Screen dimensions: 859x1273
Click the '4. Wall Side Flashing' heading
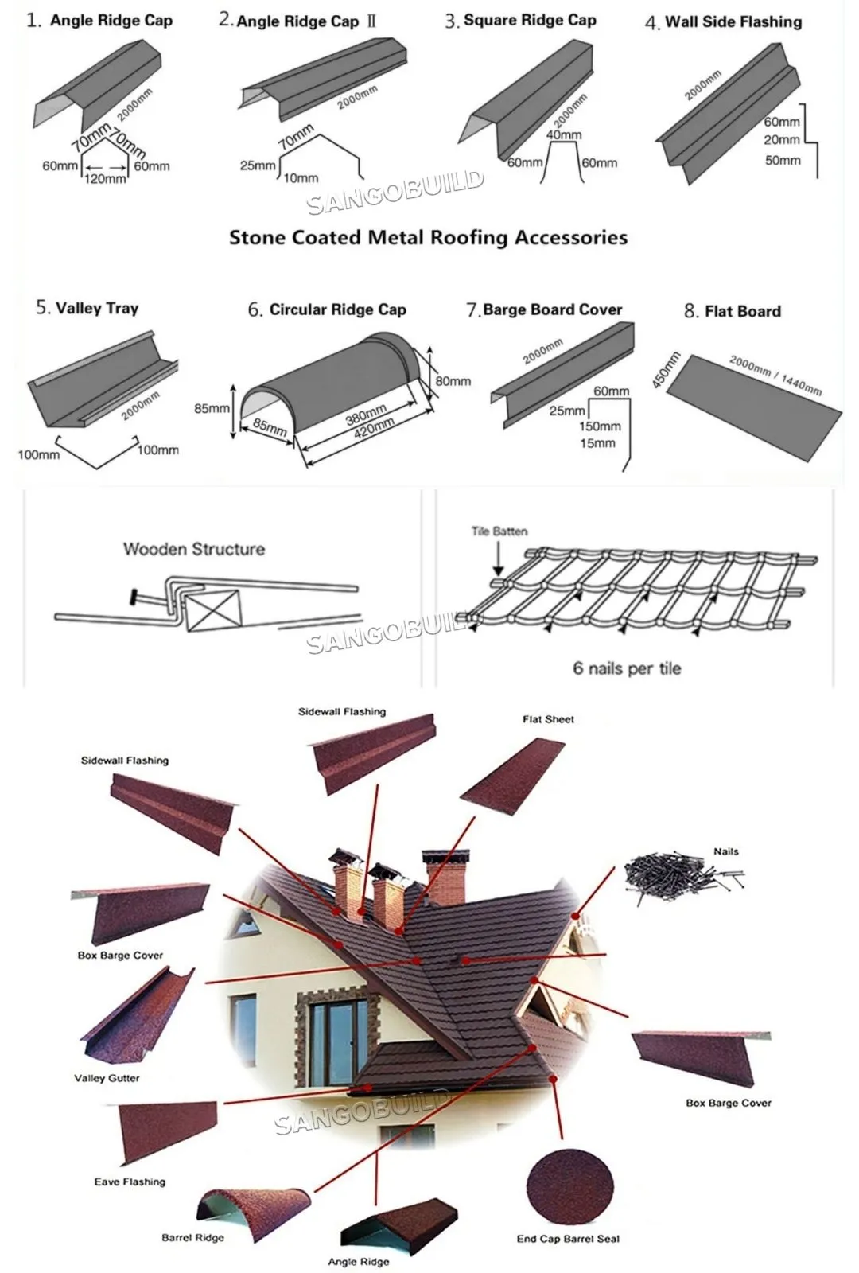pyautogui.click(x=723, y=22)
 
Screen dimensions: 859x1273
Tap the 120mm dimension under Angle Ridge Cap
pyautogui.click(x=105, y=179)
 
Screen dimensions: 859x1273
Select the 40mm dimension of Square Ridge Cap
pyautogui.click(x=564, y=134)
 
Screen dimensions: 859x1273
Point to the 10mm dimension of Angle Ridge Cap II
pyautogui.click(x=301, y=178)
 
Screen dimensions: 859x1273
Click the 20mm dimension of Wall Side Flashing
pyautogui.click(x=782, y=140)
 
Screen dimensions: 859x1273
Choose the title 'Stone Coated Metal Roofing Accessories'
pyautogui.click(x=429, y=237)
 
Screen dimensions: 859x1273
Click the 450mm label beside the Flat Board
pyautogui.click(x=666, y=371)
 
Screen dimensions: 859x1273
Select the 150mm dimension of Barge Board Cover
pyautogui.click(x=600, y=426)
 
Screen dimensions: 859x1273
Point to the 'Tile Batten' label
pyautogui.click(x=499, y=531)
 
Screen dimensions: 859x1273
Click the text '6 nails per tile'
pyautogui.click(x=628, y=668)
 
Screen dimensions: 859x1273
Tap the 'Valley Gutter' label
pyautogui.click(x=107, y=1078)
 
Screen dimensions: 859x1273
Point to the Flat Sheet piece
pyautogui.click(x=513, y=777)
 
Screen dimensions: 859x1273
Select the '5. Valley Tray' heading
pyautogui.click(x=87, y=308)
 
